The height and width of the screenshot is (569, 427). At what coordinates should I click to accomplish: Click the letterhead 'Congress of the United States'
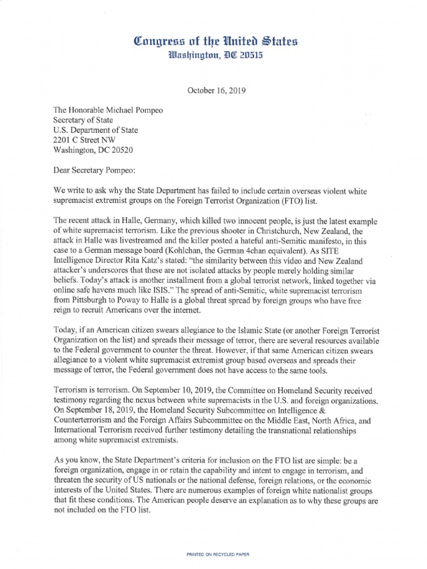[213, 40]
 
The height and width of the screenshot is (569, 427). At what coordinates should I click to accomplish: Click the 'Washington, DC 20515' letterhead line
[213, 55]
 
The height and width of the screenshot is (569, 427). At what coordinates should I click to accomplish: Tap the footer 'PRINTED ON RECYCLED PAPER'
[213, 539]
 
